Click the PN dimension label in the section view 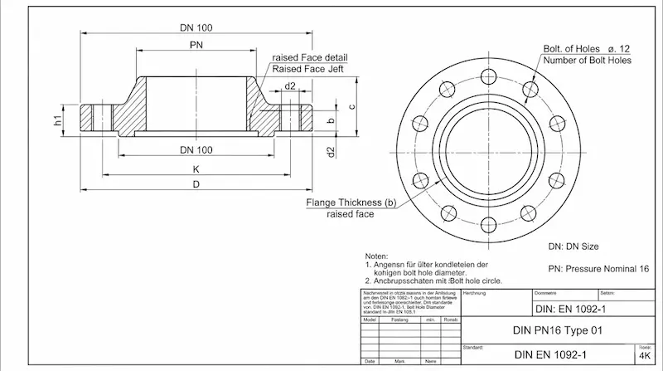[196, 44]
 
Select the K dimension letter [196, 168]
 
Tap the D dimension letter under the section [196, 184]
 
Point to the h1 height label [58, 120]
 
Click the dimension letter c [351, 106]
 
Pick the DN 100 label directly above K [196, 149]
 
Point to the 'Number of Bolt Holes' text [587, 60]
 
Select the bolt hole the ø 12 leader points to [530, 87]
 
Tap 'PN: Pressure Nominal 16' [598, 269]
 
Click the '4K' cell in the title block [645, 356]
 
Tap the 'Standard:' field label [473, 347]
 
